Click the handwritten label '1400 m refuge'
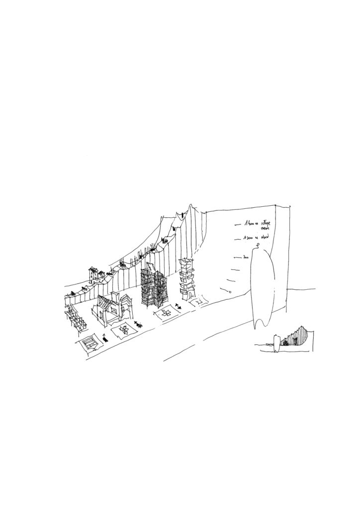[x=257, y=225]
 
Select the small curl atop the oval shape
[x=258, y=245]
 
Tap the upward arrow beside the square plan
[x=104, y=338]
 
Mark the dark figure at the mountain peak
[x=182, y=215]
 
